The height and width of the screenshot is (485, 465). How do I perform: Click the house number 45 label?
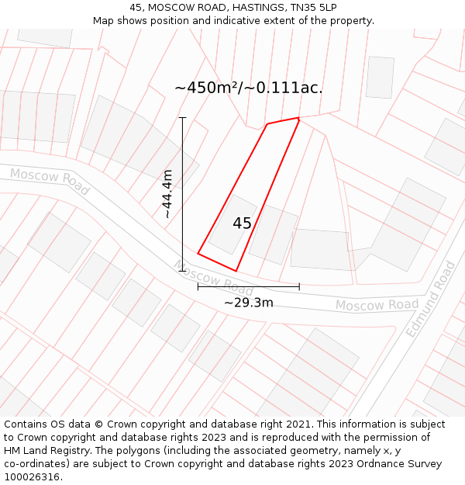tap(242, 223)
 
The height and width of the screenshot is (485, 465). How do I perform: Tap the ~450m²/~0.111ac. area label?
tap(249, 88)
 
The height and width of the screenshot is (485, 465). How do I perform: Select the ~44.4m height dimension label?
tap(167, 194)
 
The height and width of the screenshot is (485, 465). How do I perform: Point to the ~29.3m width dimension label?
tap(249, 303)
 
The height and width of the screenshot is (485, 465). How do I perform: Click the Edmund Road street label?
tap(431, 299)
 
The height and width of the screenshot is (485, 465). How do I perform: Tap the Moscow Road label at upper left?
tap(50, 181)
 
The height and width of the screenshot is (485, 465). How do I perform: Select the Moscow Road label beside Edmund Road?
tap(377, 305)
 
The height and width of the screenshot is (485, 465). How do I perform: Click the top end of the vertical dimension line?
tap(183, 118)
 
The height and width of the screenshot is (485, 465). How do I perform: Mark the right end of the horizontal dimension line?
tap(299, 286)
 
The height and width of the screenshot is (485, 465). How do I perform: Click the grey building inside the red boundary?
tap(232, 225)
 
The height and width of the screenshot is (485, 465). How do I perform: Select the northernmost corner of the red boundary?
tap(298, 118)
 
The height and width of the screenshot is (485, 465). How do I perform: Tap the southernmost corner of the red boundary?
tap(236, 271)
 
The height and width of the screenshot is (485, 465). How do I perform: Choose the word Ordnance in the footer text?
tap(391, 464)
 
